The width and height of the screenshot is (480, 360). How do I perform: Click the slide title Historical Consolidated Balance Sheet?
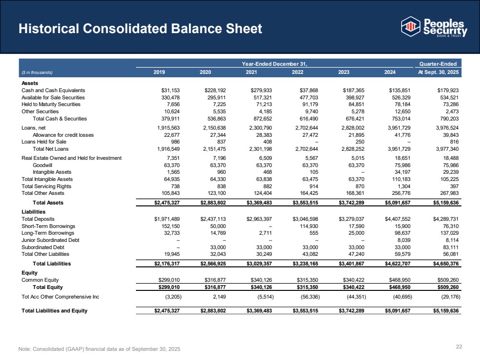coord(140,28)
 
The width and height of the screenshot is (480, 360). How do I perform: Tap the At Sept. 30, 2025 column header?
coord(438,72)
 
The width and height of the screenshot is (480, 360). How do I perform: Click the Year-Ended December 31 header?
coord(274,64)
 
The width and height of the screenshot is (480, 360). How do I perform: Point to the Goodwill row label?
coord(43,165)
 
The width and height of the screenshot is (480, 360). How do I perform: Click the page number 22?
coord(458,347)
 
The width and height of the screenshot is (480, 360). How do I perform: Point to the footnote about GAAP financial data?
coord(99,348)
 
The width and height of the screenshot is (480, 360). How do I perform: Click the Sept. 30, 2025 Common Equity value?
coord(447,279)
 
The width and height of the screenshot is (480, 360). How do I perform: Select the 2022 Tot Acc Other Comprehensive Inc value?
coord(306,296)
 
